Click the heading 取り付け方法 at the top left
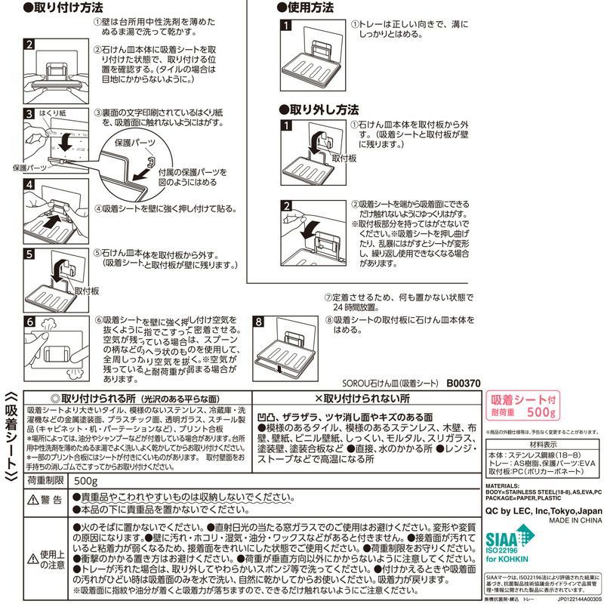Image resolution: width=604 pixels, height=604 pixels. (63, 8)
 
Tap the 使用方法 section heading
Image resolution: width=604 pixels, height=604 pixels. (307, 8)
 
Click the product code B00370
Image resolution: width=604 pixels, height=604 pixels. (463, 383)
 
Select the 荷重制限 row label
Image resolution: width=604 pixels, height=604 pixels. (48, 481)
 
